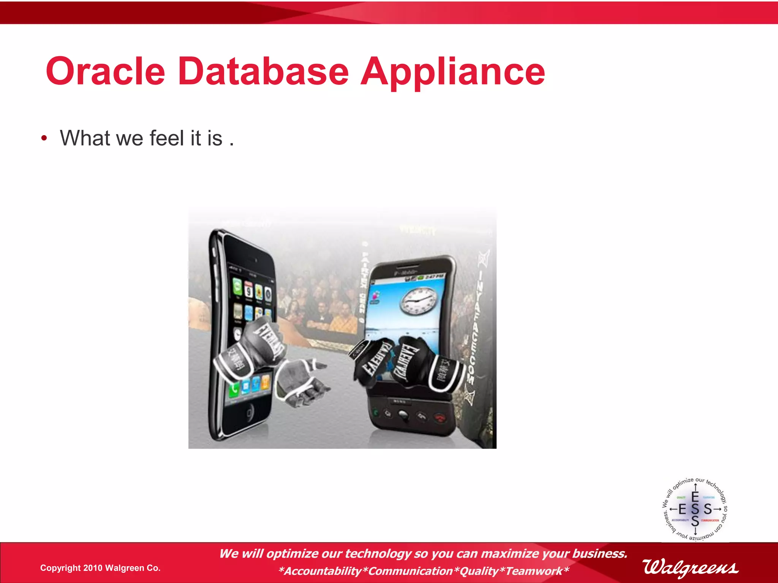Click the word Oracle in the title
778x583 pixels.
coord(106,71)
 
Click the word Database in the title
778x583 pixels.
coord(263,71)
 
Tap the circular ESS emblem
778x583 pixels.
coord(695,509)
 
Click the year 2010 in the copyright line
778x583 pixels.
coord(93,568)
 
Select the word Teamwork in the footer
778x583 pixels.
coord(534,571)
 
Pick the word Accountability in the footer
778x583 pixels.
coord(323,571)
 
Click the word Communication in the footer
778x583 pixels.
coord(410,571)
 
